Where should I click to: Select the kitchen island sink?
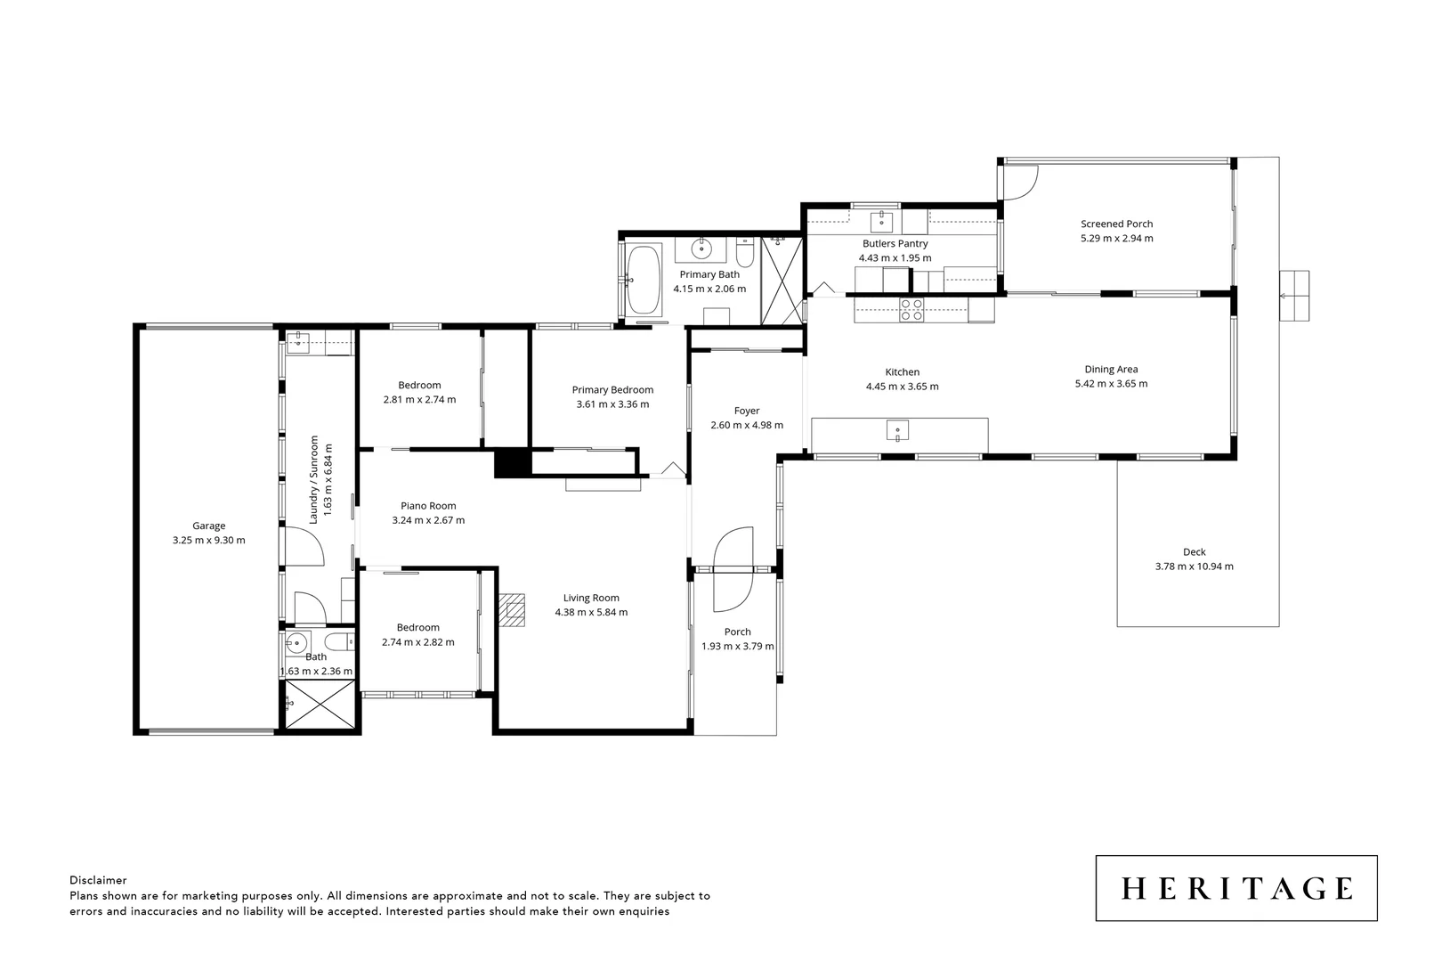coord(897,432)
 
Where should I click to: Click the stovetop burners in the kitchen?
coord(911,309)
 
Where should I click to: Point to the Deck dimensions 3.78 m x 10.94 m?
coord(1194,567)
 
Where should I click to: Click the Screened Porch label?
coord(1116,224)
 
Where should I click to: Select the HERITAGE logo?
coord(1236,888)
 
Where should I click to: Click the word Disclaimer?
coord(98,880)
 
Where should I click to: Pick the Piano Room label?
coord(428,506)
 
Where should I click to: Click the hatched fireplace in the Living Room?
coord(512,611)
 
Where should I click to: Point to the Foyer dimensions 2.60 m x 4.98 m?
coord(747,426)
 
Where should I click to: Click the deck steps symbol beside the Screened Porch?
coord(1295,296)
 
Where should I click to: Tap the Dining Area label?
coord(1111,370)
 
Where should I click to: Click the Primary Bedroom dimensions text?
coord(612,404)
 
